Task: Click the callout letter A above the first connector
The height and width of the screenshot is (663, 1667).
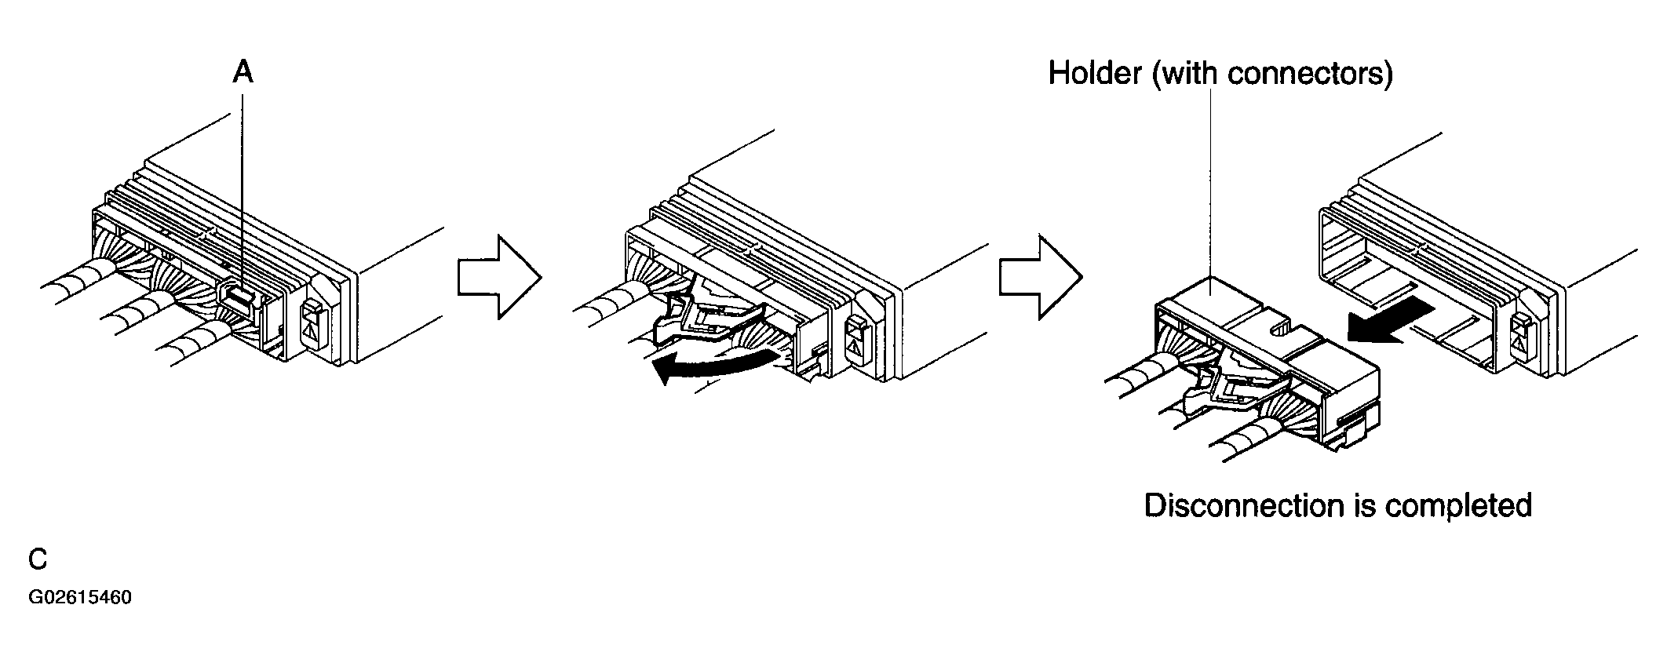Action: tap(243, 72)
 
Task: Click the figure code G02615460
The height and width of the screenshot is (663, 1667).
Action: tap(80, 598)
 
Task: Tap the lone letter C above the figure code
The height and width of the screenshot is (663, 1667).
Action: tap(38, 559)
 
